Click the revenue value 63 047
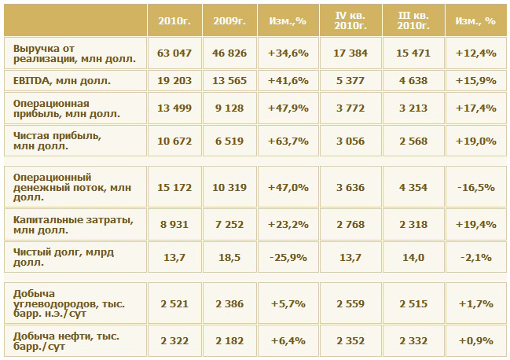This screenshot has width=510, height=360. (x=174, y=53)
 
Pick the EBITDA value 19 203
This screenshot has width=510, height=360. (x=174, y=80)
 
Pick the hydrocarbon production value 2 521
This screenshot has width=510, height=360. (x=174, y=303)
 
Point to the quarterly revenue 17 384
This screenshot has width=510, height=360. (x=350, y=53)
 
